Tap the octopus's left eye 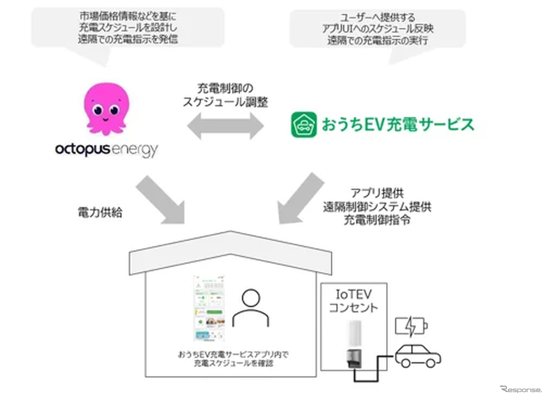[98, 110]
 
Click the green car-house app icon [304, 124]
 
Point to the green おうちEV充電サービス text [398, 124]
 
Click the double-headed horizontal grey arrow [225, 126]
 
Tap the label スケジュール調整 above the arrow [225, 102]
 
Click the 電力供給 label [100, 213]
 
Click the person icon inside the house [251, 309]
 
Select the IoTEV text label [353, 294]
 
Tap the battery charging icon [411, 326]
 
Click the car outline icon [418, 356]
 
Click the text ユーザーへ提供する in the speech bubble [377, 17]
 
